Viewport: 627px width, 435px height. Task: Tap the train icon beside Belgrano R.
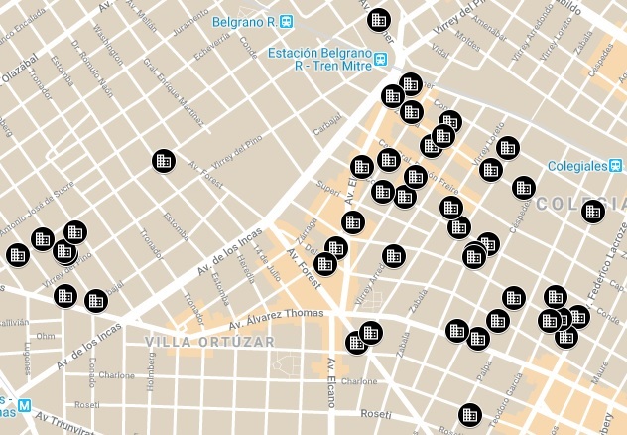[287, 20]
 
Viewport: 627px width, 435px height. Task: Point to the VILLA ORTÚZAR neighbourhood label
[209, 342]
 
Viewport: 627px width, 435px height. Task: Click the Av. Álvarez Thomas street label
[277, 319]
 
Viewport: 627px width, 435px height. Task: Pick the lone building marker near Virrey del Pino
[164, 160]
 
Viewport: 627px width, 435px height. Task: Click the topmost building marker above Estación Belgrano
[378, 19]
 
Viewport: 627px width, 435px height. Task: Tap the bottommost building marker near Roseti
[469, 414]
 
